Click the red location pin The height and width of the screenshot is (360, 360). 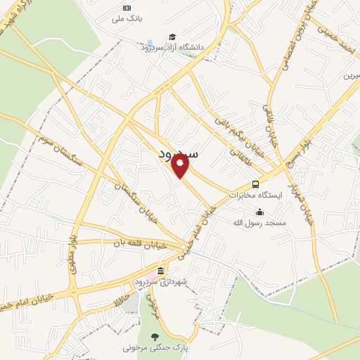tap(181, 166)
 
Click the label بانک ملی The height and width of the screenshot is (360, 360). tap(127, 19)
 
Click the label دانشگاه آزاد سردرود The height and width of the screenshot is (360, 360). tap(175, 47)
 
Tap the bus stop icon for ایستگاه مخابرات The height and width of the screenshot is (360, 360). tap(255, 184)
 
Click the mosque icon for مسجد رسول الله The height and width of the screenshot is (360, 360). tap(259, 212)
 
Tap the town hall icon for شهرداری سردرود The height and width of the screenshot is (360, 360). tap(161, 271)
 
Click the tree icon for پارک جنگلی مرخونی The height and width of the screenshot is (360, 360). tap(155, 336)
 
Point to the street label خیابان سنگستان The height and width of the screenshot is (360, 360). tap(137, 201)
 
